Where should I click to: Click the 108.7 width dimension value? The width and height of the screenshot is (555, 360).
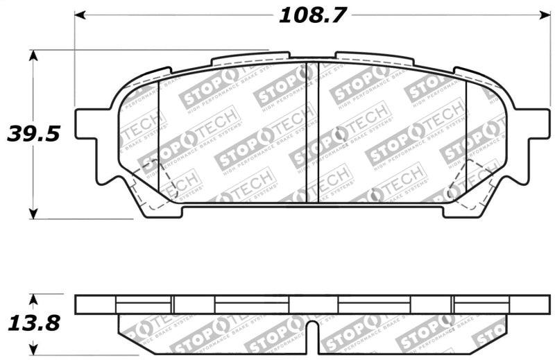(312, 15)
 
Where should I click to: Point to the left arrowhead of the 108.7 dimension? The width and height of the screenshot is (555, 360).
(79, 14)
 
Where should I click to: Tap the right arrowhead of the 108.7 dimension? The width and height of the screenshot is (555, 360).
(545, 14)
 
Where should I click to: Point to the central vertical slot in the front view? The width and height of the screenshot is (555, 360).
(312, 132)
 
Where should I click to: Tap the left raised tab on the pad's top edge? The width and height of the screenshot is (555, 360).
(250, 57)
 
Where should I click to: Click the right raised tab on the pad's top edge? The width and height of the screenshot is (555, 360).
(375, 57)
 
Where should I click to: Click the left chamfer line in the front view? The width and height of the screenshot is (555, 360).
(159, 139)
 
